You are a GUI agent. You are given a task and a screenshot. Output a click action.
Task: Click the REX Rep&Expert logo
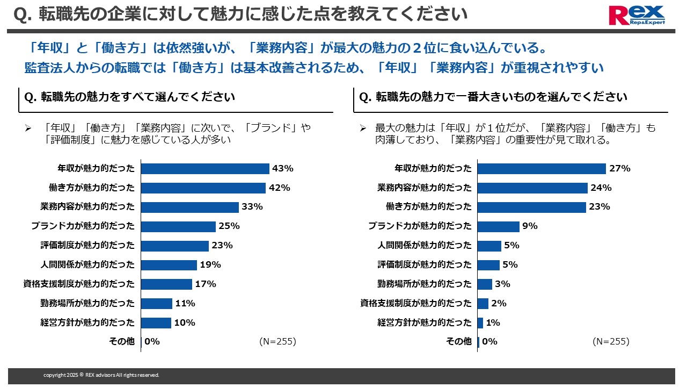pos(637,15)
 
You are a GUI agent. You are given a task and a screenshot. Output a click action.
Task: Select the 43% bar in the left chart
pos(205,169)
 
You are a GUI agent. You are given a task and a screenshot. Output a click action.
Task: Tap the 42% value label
pos(279,188)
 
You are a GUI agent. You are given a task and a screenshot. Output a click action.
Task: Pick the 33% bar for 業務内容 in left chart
pos(190,207)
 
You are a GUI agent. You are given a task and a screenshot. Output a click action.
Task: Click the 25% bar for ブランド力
pos(178,226)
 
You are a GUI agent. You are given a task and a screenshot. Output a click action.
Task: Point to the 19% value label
pos(210,264)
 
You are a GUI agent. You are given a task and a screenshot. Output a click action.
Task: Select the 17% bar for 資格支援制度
pos(166,284)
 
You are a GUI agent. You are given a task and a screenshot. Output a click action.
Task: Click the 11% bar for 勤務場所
pos(157,303)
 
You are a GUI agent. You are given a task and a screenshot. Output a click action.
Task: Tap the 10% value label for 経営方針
pos(185,322)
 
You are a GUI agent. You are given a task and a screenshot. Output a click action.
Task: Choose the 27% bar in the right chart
pos(542,169)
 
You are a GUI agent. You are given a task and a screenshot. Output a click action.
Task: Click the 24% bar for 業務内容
pos(532,188)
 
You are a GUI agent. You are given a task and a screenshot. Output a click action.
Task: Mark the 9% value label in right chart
pos(530,226)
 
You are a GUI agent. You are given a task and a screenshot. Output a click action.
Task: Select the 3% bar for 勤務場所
pos(485,284)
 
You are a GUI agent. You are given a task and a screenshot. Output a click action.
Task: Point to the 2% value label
pos(499,303)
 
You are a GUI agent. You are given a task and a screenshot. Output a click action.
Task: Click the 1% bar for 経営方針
pos(480,322)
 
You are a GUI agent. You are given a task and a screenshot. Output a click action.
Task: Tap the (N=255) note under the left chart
pos(277,341)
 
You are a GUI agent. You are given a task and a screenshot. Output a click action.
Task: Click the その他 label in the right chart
pos(459,341)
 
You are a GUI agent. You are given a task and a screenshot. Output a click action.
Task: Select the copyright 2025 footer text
pos(101,375)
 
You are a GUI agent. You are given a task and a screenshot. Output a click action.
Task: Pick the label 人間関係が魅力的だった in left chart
pos(87,264)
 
